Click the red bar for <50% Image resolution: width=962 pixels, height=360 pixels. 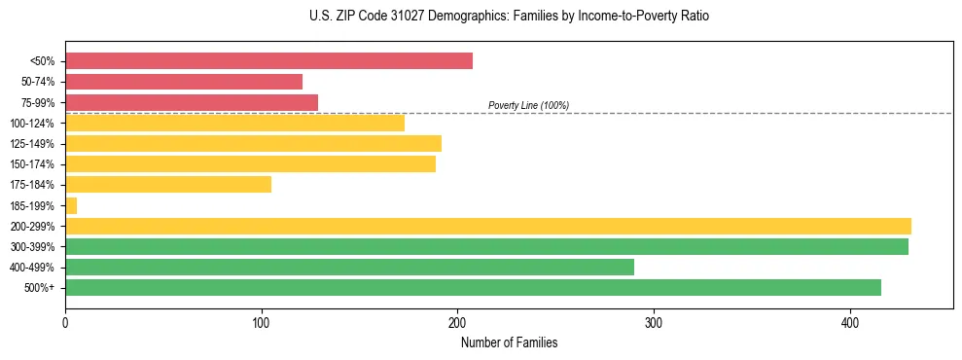coord(268,61)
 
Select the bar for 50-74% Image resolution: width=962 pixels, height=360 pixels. coord(184,82)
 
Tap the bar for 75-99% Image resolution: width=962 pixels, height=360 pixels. coord(192,102)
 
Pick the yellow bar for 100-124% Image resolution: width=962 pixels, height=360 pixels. coord(234,123)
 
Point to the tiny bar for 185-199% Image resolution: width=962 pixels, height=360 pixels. coord(71,205)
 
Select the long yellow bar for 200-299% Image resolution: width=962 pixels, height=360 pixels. coord(487,226)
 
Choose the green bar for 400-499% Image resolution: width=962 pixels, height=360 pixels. coord(349,267)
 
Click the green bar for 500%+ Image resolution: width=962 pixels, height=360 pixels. coord(473,287)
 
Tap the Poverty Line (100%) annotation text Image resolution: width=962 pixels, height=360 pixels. coord(528,105)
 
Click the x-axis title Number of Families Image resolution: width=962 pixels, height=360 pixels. coord(509,343)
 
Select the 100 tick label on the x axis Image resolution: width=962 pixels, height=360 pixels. coord(261,323)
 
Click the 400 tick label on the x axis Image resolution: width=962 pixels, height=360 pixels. coord(850,323)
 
